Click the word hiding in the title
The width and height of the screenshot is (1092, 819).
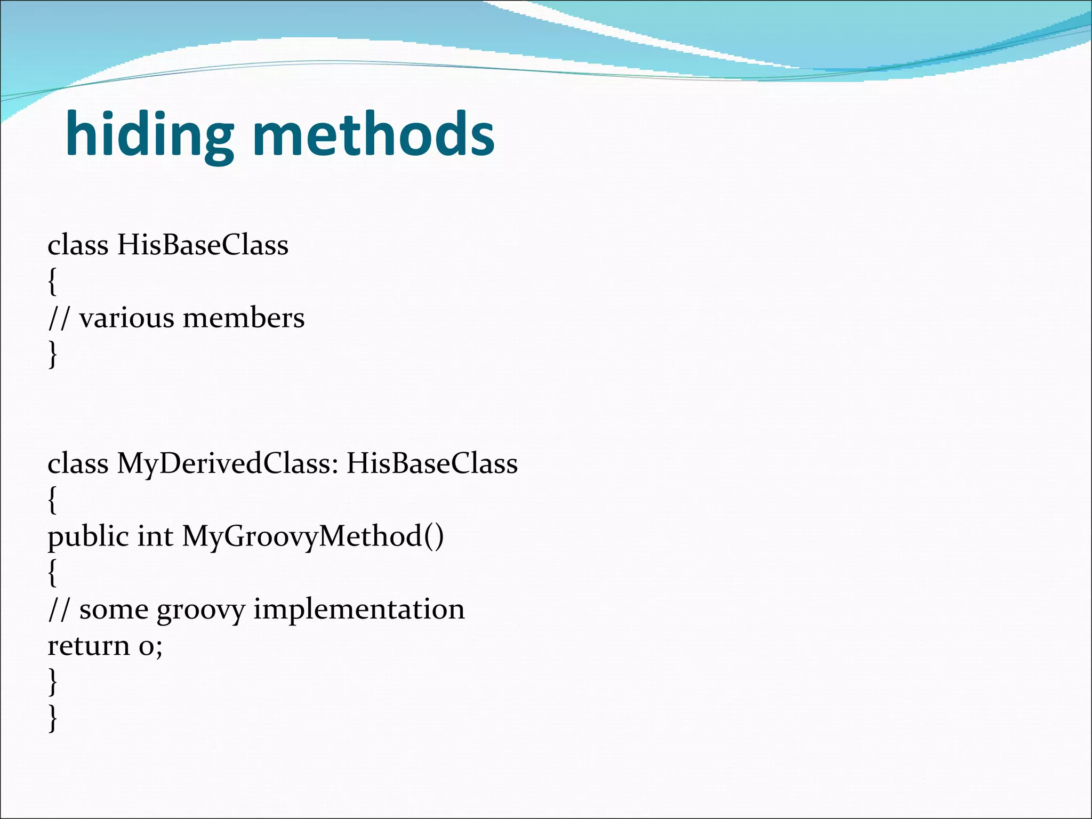pyautogui.click(x=149, y=134)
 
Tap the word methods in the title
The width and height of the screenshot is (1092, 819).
pyautogui.click(x=373, y=134)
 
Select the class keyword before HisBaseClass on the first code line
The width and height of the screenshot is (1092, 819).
pyautogui.click(x=78, y=245)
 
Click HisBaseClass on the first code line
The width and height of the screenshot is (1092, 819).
pyautogui.click(x=203, y=245)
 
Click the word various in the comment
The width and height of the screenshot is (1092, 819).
pyautogui.click(x=126, y=318)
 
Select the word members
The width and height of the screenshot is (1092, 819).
pyautogui.click(x=244, y=318)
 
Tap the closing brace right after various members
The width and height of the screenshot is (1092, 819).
pyautogui.click(x=52, y=354)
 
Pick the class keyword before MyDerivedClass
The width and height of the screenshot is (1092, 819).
pyautogui.click(x=78, y=463)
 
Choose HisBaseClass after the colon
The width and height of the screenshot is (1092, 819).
pyautogui.click(x=432, y=463)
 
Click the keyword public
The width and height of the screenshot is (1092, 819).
pyautogui.click(x=88, y=537)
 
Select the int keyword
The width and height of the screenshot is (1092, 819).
pyautogui.click(x=155, y=536)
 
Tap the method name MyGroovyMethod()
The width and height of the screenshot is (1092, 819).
pyautogui.click(x=312, y=537)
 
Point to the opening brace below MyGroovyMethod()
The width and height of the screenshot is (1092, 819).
pyautogui.click(x=52, y=573)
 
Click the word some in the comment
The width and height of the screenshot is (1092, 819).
pyautogui.click(x=114, y=609)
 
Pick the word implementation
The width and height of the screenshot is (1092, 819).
pyautogui.click(x=359, y=609)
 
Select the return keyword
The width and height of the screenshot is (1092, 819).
pyautogui.click(x=89, y=646)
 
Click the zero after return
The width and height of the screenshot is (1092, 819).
pyautogui.click(x=147, y=647)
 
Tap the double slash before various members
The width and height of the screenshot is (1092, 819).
pyautogui.click(x=59, y=318)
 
